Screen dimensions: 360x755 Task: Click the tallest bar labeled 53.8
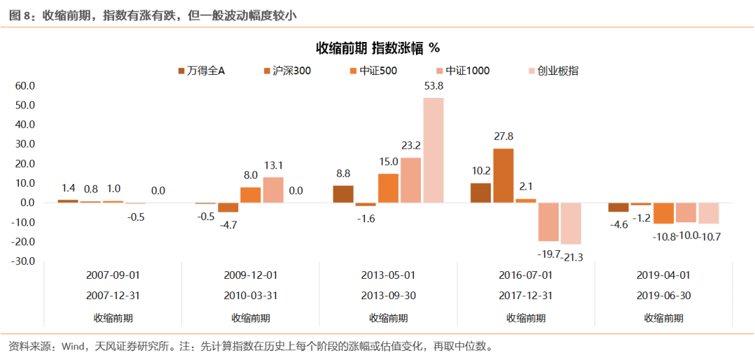point(433,150)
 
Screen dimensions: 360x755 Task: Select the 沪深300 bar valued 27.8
point(503,175)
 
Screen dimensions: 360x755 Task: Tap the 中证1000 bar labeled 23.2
point(411,180)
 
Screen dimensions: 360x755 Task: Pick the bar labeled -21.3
point(571,223)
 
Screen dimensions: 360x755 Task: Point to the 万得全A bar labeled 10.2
point(480,193)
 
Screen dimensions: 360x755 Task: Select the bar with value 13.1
point(273,189)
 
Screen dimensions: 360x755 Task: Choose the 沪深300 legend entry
point(287,71)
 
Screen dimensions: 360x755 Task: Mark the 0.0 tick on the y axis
point(27,203)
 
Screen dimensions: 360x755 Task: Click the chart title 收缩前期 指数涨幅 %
point(377,48)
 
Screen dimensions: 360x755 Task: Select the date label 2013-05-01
point(388,275)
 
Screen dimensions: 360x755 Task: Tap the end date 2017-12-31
point(526,296)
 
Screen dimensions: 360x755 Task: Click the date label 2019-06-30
point(663,296)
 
